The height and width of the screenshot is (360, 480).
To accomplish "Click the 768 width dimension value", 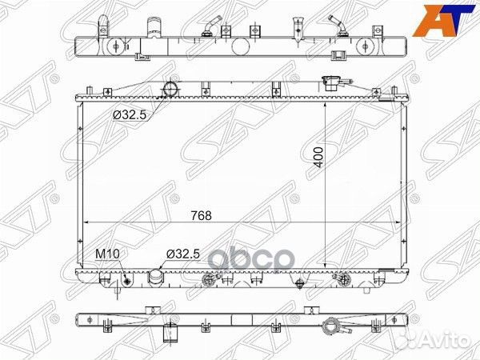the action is coord(201,215).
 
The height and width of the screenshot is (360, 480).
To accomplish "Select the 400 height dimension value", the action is coord(318,158).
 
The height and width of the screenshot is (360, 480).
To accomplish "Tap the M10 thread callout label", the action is coord(107,254).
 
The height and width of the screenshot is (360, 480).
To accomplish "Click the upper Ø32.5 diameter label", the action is coord(130,115).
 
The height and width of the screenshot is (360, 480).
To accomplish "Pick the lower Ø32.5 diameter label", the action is coord(182,254).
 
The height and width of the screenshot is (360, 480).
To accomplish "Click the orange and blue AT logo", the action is coord(444,21).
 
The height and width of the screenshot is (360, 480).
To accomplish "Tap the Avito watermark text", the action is coord(439,339).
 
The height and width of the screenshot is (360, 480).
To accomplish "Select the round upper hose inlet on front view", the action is coord(170,89).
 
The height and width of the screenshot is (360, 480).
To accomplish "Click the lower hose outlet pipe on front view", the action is coord(156,277).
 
